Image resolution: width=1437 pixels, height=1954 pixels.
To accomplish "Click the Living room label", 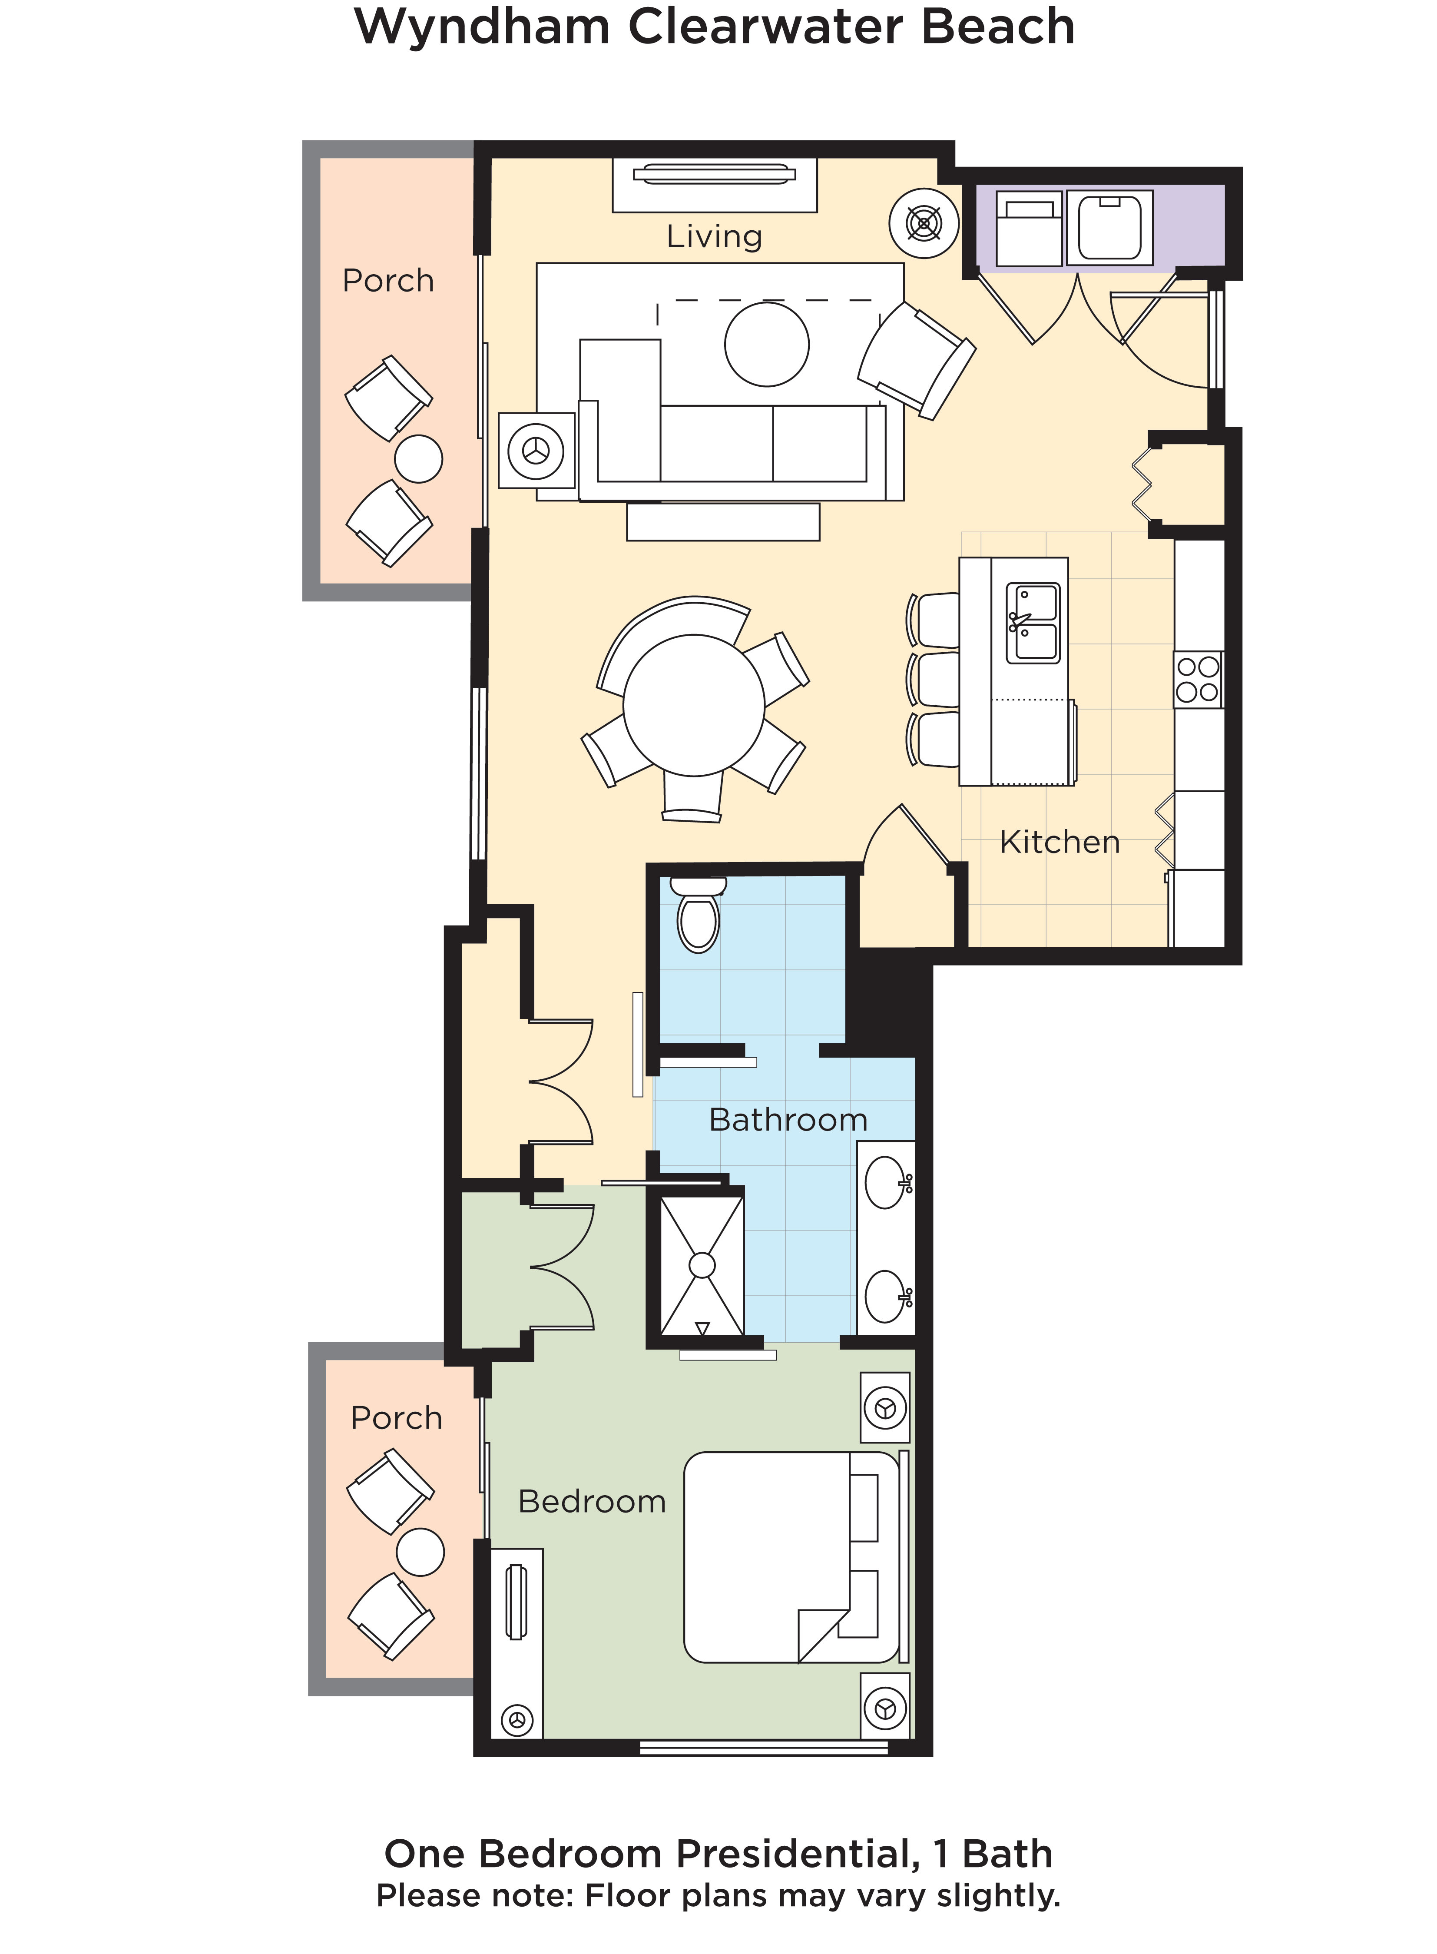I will coord(714,237).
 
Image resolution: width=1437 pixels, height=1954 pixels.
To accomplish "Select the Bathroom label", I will coord(788,1120).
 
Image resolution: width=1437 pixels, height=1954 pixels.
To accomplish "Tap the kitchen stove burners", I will coord(1198,680).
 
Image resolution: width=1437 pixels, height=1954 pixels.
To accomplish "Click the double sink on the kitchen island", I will coord(1033,623).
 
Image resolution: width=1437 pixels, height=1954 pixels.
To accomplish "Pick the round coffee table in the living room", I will coord(766,345).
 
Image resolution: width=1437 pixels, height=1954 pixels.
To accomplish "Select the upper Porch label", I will coord(388,281).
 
